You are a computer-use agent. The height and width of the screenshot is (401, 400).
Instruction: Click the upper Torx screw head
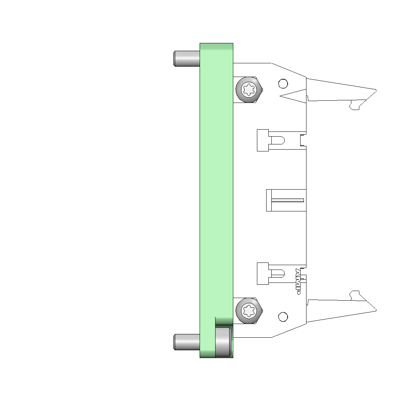click(249, 90)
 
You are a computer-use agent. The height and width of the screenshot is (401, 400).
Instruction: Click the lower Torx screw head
click(249, 311)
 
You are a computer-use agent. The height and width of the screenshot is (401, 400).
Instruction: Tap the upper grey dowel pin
click(187, 59)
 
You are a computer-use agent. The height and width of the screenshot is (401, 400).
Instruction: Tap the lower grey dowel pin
click(187, 342)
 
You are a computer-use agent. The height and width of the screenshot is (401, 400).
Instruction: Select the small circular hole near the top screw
click(283, 84)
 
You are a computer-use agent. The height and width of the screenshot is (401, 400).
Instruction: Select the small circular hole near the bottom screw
click(283, 317)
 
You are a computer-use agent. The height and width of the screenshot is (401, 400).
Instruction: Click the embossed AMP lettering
click(298, 281)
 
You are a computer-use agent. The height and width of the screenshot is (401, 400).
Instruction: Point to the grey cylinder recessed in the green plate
click(224, 341)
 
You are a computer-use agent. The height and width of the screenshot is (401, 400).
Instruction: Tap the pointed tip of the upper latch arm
click(376, 90)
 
